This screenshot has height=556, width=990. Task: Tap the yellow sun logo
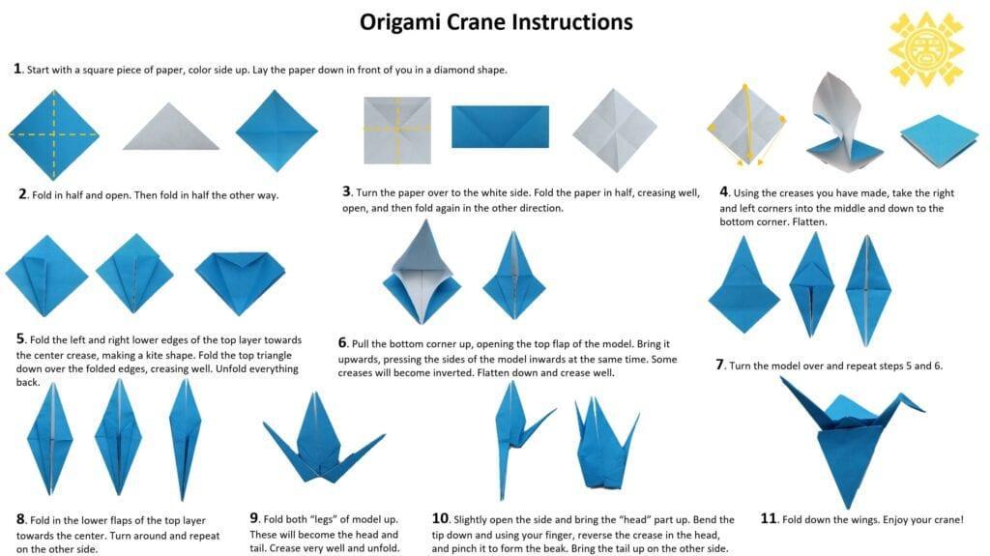[x=926, y=48]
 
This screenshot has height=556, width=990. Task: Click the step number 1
[x=17, y=69]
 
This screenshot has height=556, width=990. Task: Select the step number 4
[x=723, y=191]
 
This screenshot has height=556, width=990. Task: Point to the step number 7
[x=719, y=365]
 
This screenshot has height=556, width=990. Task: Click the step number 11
[x=768, y=518]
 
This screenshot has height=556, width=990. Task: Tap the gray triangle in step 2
[x=170, y=127]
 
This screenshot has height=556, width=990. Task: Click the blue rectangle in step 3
[x=500, y=127]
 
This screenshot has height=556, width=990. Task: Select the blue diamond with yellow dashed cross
[x=54, y=134]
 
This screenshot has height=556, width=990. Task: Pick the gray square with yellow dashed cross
[x=397, y=130]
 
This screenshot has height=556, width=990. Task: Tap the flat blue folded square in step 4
[x=939, y=139]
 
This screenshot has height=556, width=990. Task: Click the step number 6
[x=342, y=343]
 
